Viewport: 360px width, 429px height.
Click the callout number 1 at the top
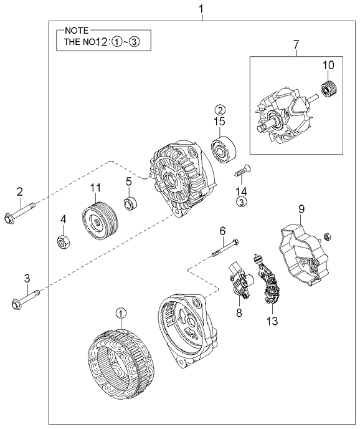(x=201, y=8)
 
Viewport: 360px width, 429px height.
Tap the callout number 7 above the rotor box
(x=296, y=44)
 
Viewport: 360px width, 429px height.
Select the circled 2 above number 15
(x=220, y=110)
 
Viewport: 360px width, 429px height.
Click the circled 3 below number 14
(x=240, y=201)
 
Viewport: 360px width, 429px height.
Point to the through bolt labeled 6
(x=225, y=246)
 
